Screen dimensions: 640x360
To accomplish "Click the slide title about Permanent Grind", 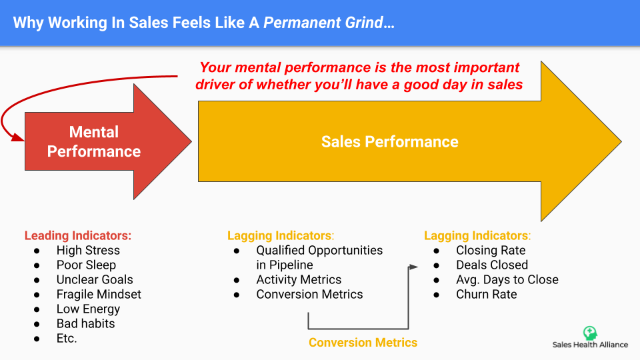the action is click(x=204, y=23).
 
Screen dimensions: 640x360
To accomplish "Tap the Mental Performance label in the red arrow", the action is click(x=94, y=141).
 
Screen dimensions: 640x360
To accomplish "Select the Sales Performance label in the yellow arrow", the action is click(x=390, y=141).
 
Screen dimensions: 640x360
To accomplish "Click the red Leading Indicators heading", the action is click(x=78, y=235).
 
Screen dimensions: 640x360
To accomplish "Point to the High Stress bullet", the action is click(x=88, y=250).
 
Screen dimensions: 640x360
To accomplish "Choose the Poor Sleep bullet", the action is click(x=86, y=265).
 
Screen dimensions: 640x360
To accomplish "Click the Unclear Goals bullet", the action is click(x=95, y=279).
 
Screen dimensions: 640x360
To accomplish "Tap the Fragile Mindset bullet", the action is click(x=99, y=294).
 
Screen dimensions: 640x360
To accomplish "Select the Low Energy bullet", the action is click(x=88, y=309).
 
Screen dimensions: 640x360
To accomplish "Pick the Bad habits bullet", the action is click(x=86, y=324).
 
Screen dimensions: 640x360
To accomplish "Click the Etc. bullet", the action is click(x=67, y=339).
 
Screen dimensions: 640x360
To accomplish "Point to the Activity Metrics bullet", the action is click(x=299, y=279).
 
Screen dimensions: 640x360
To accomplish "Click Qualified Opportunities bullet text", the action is click(x=319, y=257).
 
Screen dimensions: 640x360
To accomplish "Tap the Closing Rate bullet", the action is click(x=491, y=250).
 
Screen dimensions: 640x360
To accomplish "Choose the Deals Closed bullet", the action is click(x=492, y=265).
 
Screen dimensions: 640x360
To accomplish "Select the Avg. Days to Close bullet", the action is click(x=507, y=279).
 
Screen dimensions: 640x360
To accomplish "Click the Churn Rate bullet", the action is click(x=487, y=294).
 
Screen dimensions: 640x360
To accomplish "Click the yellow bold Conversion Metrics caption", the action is click(x=363, y=343).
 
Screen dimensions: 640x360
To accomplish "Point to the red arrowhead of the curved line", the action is click(x=17, y=137).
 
